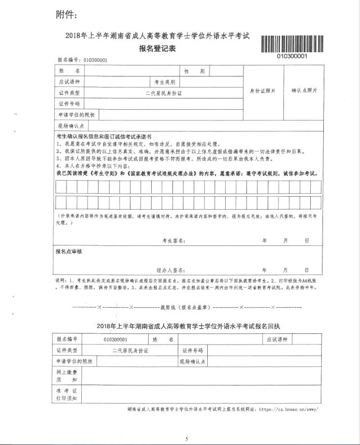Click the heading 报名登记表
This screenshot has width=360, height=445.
coord(157,49)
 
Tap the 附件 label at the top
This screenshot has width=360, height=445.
coord(66,15)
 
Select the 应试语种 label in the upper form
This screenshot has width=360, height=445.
coord(69,82)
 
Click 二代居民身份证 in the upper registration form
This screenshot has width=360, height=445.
coord(164,93)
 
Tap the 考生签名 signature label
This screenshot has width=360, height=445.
coord(173,240)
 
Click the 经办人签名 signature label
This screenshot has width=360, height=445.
coord(171,270)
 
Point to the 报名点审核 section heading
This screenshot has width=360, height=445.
coord(69,252)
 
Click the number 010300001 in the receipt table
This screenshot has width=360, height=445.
coord(115,340)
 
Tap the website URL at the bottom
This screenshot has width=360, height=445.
coord(290,409)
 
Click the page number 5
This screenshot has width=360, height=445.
coord(187,438)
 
